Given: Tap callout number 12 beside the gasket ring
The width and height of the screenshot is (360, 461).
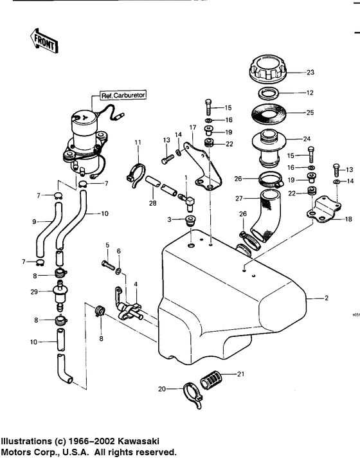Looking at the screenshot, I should point(310,93).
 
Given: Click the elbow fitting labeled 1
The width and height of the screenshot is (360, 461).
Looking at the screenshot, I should point(190,204).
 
